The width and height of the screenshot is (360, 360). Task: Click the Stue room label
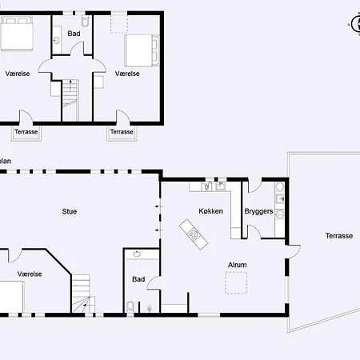click(70, 211)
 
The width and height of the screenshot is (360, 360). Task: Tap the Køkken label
click(210, 211)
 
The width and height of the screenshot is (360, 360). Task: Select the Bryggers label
click(258, 211)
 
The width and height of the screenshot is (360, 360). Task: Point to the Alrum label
click(238, 265)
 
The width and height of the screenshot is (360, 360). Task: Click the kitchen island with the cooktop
click(194, 234)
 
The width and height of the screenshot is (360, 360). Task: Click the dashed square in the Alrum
click(236, 282)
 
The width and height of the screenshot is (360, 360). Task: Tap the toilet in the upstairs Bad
click(85, 21)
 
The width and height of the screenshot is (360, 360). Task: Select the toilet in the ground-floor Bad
click(130, 306)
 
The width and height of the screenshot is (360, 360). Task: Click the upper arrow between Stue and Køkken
click(159, 206)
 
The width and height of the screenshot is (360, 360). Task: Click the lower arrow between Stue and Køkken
click(159, 230)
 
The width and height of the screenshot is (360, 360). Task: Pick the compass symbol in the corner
click(356, 24)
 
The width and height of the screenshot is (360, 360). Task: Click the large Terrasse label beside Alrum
click(339, 236)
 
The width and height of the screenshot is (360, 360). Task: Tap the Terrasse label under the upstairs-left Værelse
click(26, 132)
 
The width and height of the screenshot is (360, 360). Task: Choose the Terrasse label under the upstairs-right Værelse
click(122, 132)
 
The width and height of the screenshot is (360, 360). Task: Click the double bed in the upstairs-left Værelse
click(17, 34)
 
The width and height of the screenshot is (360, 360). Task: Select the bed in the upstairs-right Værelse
click(142, 50)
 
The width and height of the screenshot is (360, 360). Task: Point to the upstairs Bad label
click(74, 34)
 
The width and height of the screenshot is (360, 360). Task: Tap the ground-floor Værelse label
click(30, 274)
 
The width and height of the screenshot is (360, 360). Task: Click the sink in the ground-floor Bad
click(137, 254)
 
